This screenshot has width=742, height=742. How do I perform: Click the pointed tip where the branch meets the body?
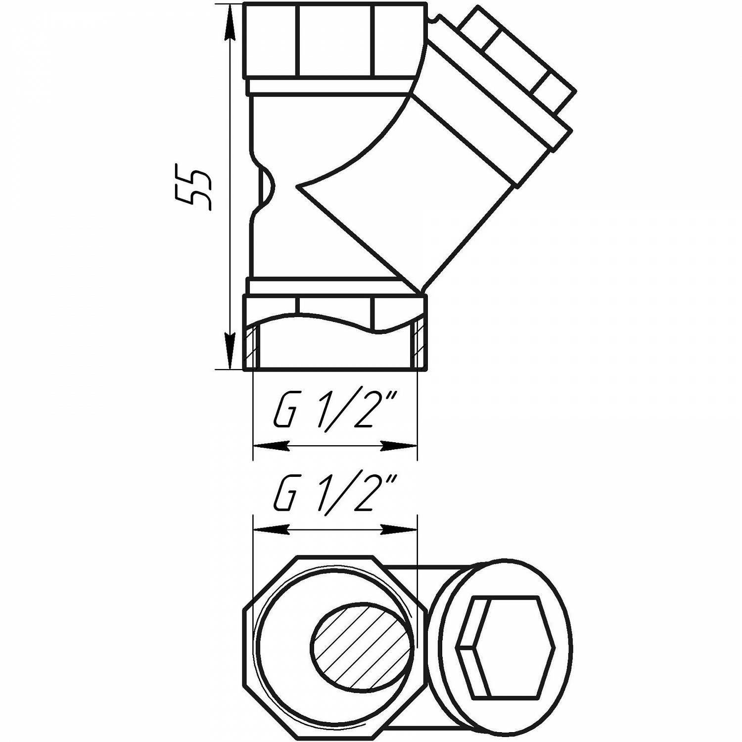tap(298, 186)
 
